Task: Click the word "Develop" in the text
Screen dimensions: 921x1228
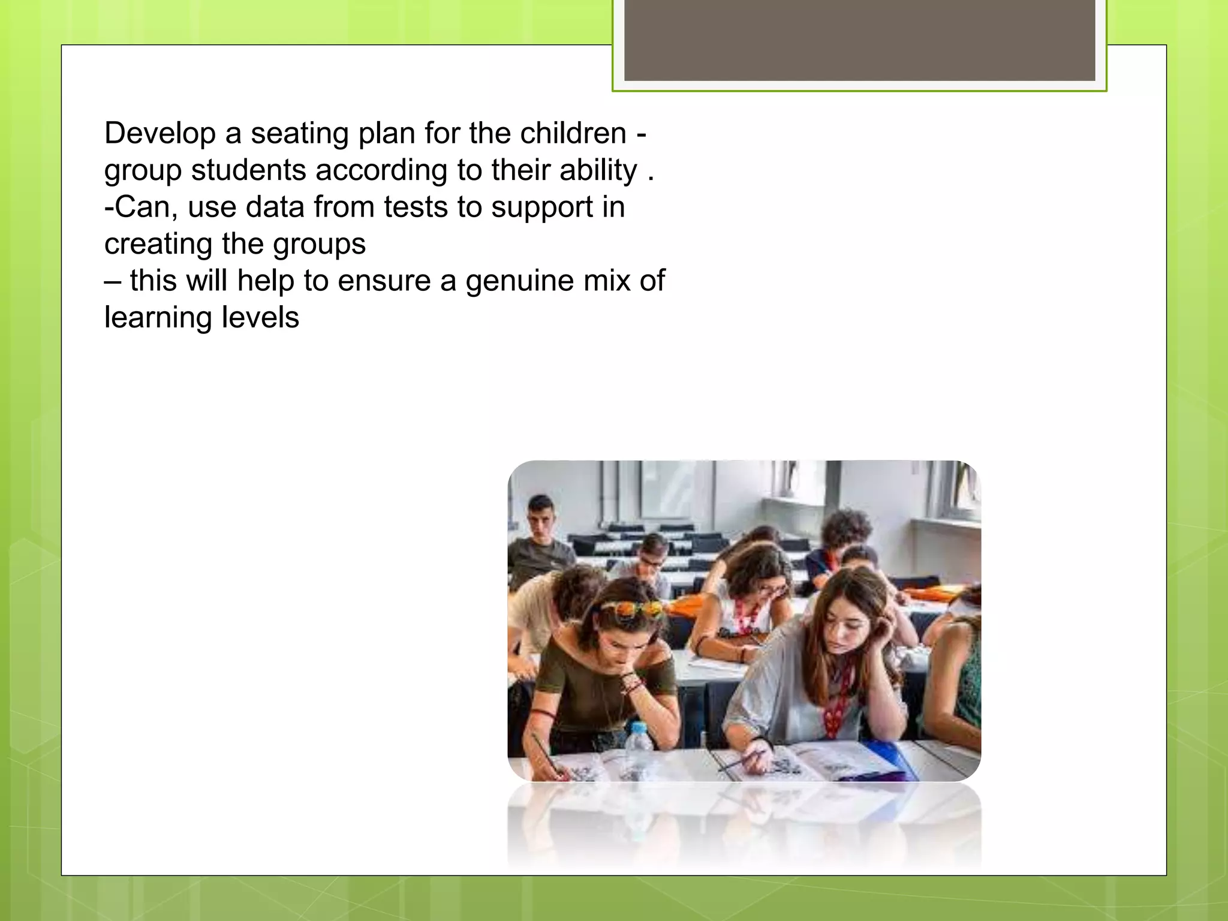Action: tap(159, 133)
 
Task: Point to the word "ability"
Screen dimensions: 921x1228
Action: tap(598, 170)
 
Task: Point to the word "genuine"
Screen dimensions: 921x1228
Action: tap(520, 281)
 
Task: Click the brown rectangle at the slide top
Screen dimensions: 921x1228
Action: tap(859, 40)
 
